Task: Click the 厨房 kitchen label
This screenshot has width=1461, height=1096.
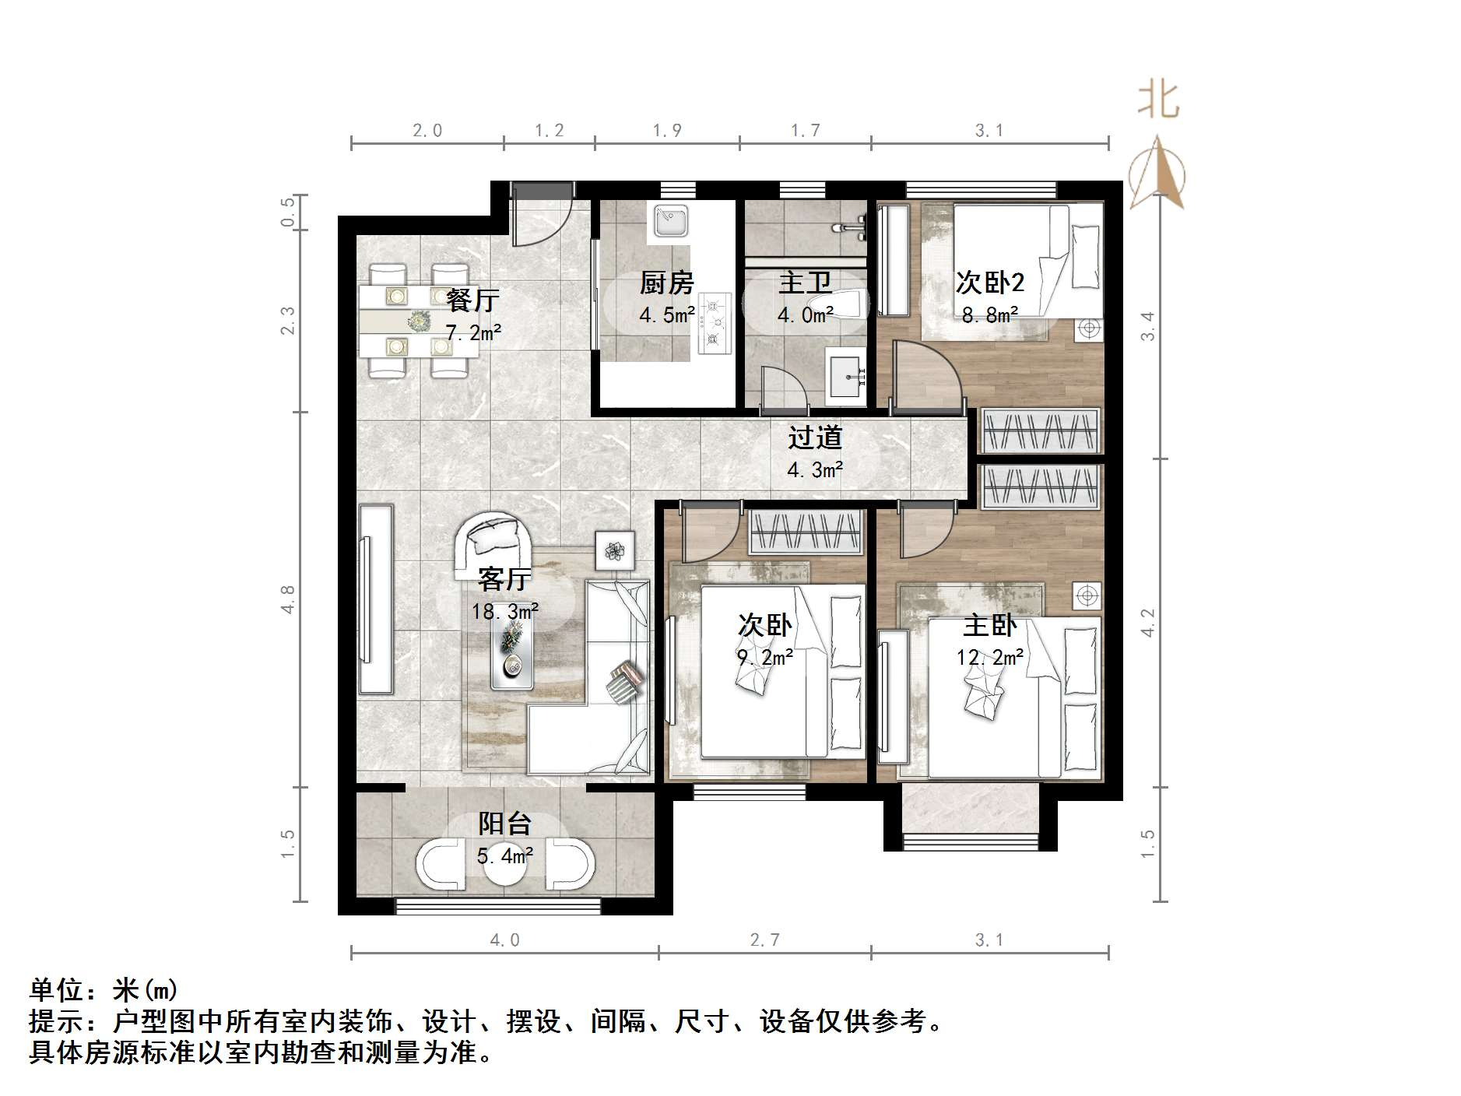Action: coord(666,283)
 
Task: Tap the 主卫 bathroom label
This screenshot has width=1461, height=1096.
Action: coord(806,283)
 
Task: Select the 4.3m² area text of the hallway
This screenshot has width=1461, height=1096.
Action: coord(815,470)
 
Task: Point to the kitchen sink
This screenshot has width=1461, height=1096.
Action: coord(669,220)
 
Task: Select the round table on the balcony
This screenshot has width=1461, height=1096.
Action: coord(505,863)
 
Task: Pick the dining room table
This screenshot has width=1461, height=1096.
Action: coord(420,320)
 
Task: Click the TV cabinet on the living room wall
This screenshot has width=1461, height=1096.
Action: coord(376,599)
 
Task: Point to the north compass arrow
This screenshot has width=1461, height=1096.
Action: coord(1157,172)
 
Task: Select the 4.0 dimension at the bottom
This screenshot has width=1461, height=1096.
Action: coord(504,940)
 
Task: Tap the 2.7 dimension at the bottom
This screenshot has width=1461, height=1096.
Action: coord(764,940)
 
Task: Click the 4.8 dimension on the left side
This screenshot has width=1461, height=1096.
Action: coord(288,599)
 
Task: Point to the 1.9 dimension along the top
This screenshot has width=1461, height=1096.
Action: coord(667,131)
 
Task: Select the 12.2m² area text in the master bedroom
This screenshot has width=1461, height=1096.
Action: coord(989,658)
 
